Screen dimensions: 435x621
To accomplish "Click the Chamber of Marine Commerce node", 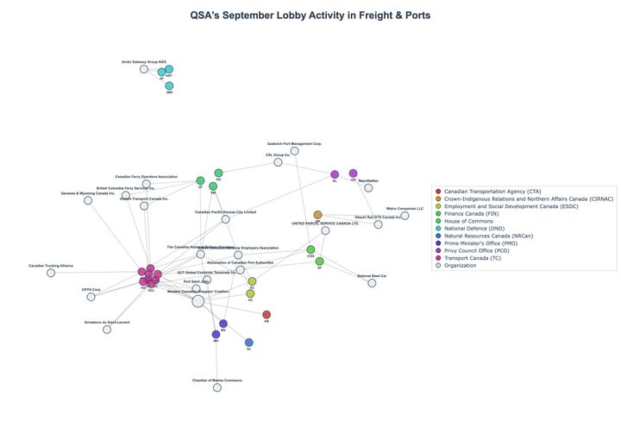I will pyautogui.click(x=217, y=388).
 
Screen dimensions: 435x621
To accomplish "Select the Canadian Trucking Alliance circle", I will pyautogui.click(x=51, y=273).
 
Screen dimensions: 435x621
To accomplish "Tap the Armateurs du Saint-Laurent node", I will pyautogui.click(x=107, y=330).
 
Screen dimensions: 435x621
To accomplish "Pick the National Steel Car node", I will pyautogui.click(x=372, y=283).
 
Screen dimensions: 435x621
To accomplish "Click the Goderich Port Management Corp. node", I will pyautogui.click(x=295, y=150).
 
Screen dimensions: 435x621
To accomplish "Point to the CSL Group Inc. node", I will pyautogui.click(x=278, y=162).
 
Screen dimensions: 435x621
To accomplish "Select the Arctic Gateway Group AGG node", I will pyautogui.click(x=144, y=69).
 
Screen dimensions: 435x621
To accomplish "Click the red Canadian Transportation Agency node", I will pyautogui.click(x=267, y=315).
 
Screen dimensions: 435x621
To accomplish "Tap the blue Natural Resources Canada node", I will pyautogui.click(x=249, y=343).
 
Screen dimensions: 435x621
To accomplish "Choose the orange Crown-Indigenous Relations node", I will pyautogui.click(x=317, y=215).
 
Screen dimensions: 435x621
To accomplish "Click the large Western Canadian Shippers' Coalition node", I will pyautogui.click(x=198, y=301).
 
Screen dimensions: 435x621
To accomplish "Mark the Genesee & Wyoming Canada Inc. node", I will pyautogui.click(x=88, y=200).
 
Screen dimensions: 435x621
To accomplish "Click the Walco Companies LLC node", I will pyautogui.click(x=405, y=215).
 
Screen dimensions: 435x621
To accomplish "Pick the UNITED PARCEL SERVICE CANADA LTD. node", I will pyautogui.click(x=325, y=230).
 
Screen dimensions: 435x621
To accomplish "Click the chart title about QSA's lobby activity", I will pyautogui.click(x=310, y=15).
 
